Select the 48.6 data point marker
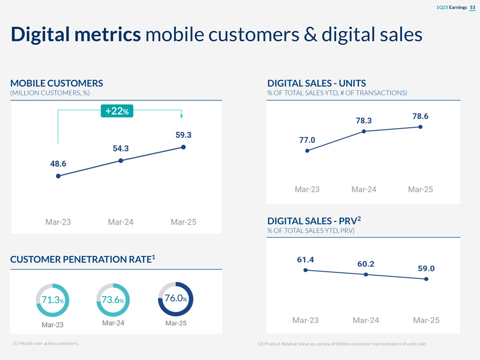58,176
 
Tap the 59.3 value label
183,135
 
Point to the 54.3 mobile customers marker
121,160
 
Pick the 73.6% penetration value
112,299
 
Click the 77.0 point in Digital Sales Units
308,151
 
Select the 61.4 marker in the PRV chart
305,270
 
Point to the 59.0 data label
426,268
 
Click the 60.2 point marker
366,274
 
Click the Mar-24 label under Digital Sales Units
364,189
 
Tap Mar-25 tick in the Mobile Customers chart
183,222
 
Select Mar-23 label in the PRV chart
306,320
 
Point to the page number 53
472,7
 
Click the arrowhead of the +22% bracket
182,116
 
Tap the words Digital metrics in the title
76,34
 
